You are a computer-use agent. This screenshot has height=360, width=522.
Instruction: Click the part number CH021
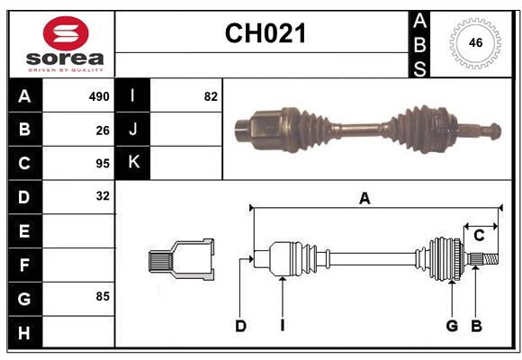click(x=265, y=34)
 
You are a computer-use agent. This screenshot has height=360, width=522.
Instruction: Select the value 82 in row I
click(x=211, y=96)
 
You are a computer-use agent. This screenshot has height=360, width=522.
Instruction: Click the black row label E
click(x=23, y=231)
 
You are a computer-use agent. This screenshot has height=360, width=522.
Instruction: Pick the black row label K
click(x=133, y=163)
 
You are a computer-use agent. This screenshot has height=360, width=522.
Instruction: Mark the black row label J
click(x=133, y=130)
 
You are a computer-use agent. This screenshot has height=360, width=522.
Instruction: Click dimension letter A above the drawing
click(x=364, y=199)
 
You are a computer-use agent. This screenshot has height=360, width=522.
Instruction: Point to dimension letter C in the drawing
click(x=479, y=236)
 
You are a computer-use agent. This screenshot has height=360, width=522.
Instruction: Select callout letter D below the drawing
click(x=240, y=326)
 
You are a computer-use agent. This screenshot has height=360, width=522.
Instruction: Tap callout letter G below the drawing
click(x=452, y=326)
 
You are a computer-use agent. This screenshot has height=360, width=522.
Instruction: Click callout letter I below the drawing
click(x=282, y=326)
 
